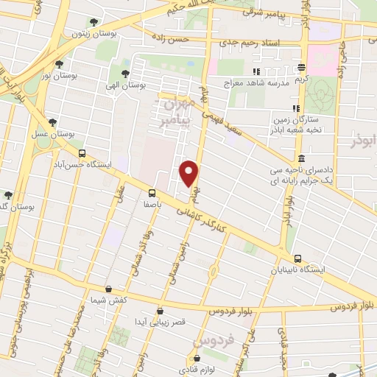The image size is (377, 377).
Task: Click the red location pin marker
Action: [x=190, y=173]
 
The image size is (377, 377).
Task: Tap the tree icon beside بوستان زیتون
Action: [x=92, y=23]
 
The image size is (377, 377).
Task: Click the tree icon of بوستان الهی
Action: [x=124, y=74]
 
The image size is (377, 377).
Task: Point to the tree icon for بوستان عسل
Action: [x=52, y=124]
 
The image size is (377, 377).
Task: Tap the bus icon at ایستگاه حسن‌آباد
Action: [x=81, y=154]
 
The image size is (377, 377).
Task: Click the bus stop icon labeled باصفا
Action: [x=152, y=194]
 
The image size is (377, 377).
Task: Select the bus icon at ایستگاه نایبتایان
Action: [x=297, y=258]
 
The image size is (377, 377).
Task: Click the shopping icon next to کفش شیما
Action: [x=109, y=289]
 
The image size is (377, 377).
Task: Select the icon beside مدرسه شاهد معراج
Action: [x=256, y=71]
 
